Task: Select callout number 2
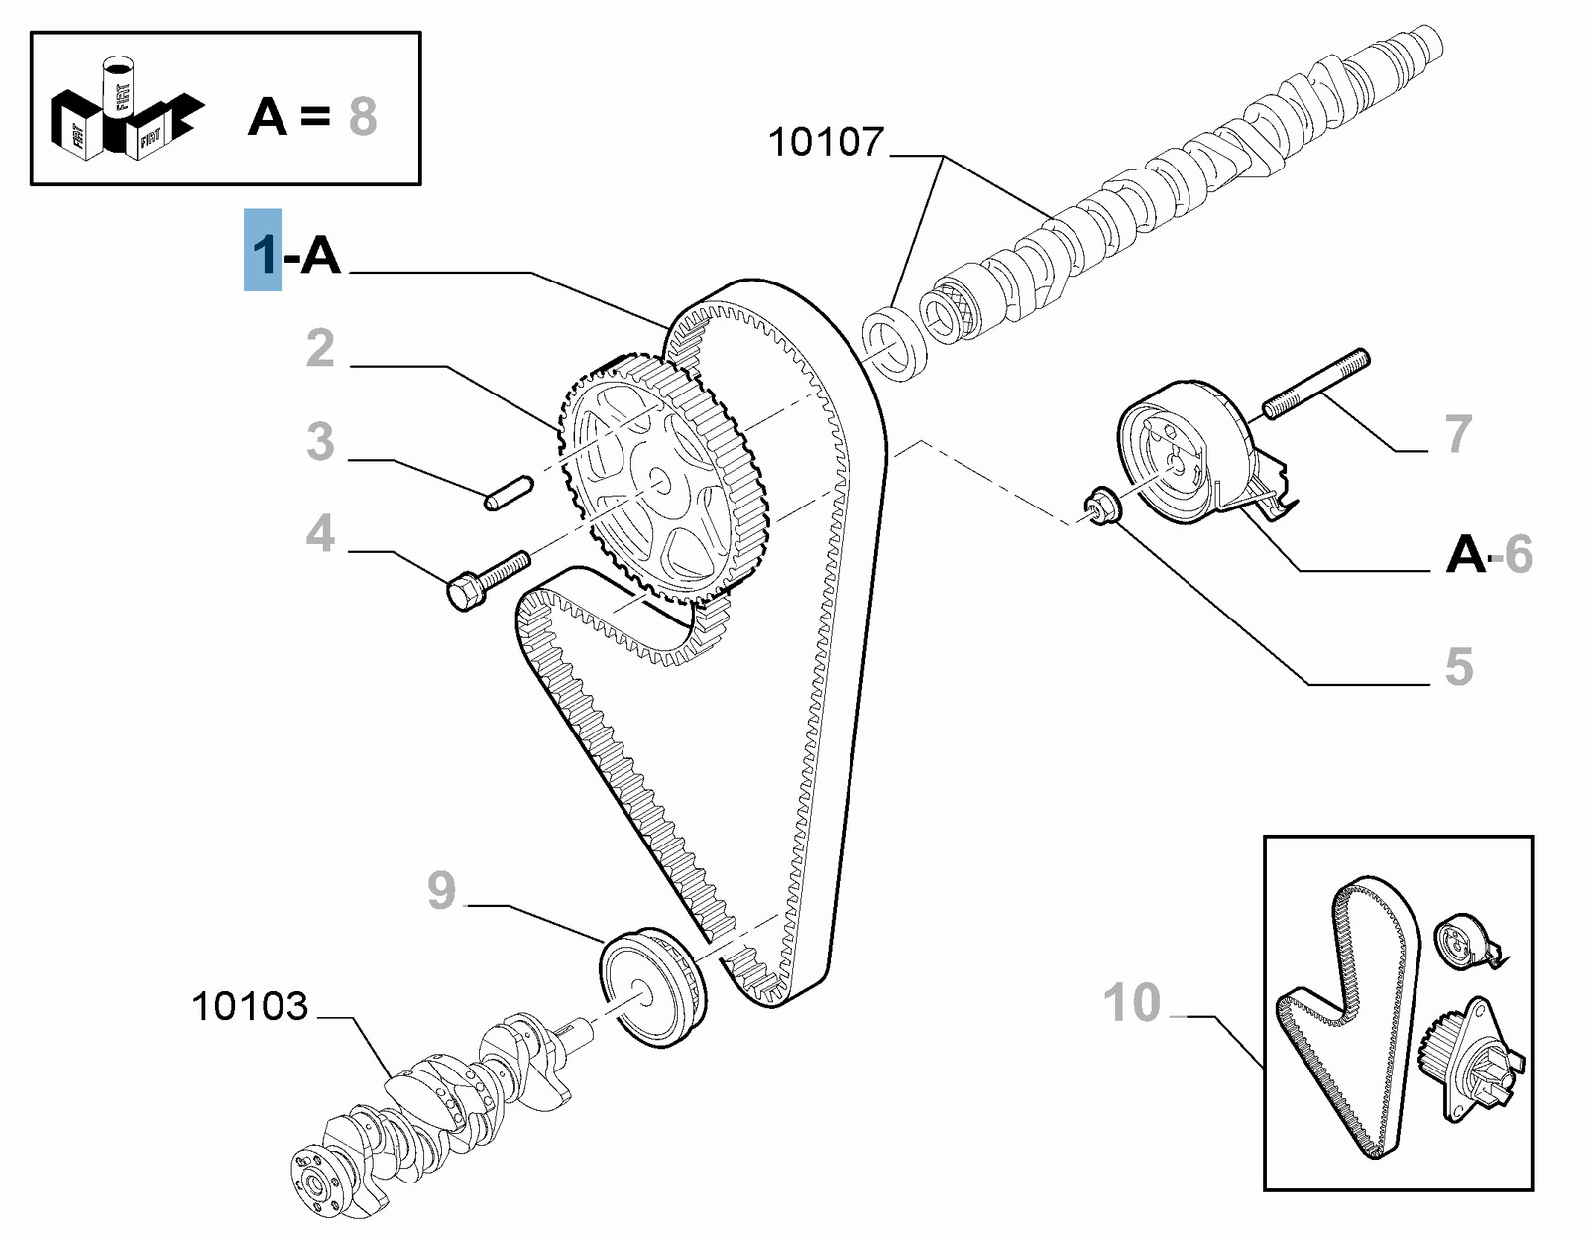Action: pos(320,348)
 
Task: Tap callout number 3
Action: pos(320,441)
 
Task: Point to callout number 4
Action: pos(320,533)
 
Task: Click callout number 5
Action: pos(1458,666)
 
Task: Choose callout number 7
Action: pos(1458,434)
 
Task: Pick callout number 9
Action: pos(442,889)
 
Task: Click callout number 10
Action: pos(1132,1002)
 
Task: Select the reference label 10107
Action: pos(826,142)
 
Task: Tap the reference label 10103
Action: pos(250,1006)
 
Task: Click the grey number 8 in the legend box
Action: pos(363,117)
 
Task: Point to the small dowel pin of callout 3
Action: pos(509,494)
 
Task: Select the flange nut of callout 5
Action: pos(1101,507)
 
